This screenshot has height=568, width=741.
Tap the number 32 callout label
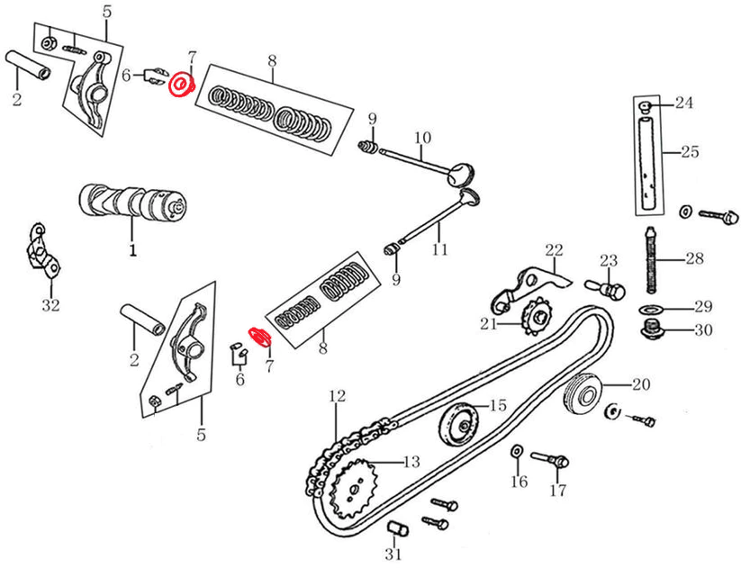pos(50,305)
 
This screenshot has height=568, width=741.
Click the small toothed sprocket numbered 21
pos(538,315)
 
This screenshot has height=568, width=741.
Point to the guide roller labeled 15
pos(458,422)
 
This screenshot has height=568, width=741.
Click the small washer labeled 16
pos(517,450)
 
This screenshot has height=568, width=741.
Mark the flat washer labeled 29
pos(649,309)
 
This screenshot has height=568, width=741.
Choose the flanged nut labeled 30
pos(653,330)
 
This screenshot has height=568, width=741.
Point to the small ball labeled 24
pos(646,107)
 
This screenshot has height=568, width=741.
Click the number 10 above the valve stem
pos(423,138)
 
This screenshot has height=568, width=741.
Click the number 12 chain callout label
pos(337,395)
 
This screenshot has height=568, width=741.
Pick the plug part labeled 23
pos(610,287)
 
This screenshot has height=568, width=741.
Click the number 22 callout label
pos(554,249)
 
